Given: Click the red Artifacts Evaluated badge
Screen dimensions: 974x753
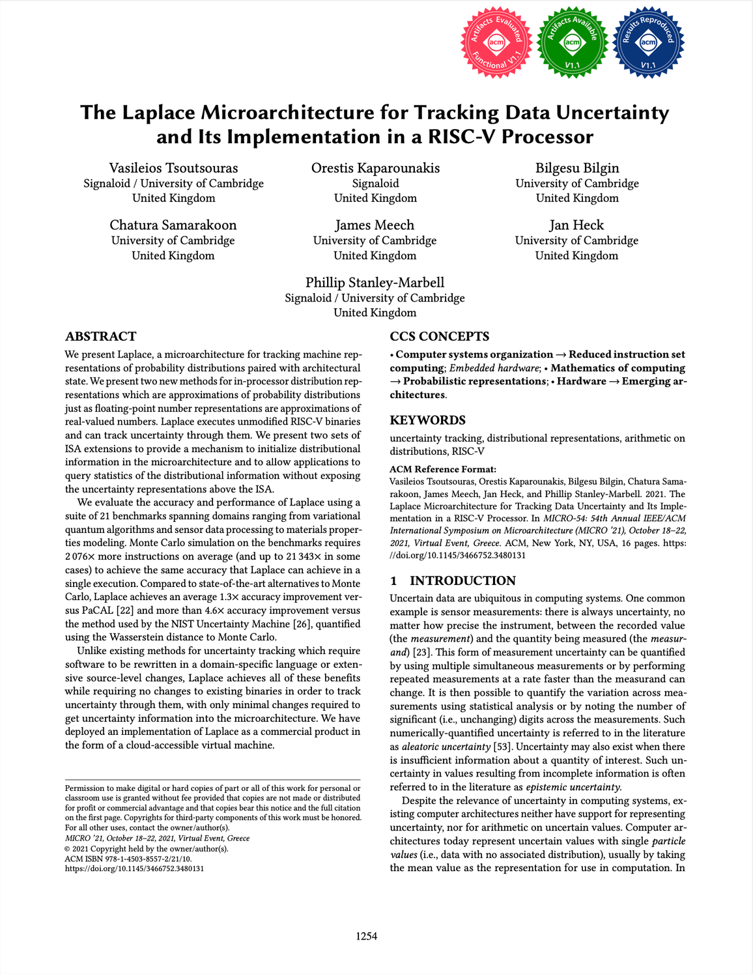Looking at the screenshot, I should [496, 42].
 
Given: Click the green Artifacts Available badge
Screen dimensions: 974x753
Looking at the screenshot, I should [572, 42].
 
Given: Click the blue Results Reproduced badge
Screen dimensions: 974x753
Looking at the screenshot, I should [648, 42].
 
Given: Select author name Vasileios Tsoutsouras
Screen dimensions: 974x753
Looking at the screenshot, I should [173, 168].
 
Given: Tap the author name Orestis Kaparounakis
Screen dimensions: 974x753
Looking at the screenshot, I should [375, 168].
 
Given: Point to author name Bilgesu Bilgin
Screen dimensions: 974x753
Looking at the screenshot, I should [577, 168].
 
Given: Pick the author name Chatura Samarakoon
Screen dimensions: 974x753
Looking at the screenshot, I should [173, 225].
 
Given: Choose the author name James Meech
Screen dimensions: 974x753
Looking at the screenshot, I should [375, 225].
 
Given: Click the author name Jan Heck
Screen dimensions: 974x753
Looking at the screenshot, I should [576, 225].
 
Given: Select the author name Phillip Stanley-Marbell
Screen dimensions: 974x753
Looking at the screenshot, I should [375, 283].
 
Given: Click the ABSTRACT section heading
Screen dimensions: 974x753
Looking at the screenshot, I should [101, 337].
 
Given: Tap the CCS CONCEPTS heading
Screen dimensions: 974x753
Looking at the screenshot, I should [440, 337].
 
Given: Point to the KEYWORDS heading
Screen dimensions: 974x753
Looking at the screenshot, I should [428, 420].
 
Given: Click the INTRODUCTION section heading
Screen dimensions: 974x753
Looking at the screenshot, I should [462, 580].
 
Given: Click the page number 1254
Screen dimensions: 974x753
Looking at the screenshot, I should [367, 936].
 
